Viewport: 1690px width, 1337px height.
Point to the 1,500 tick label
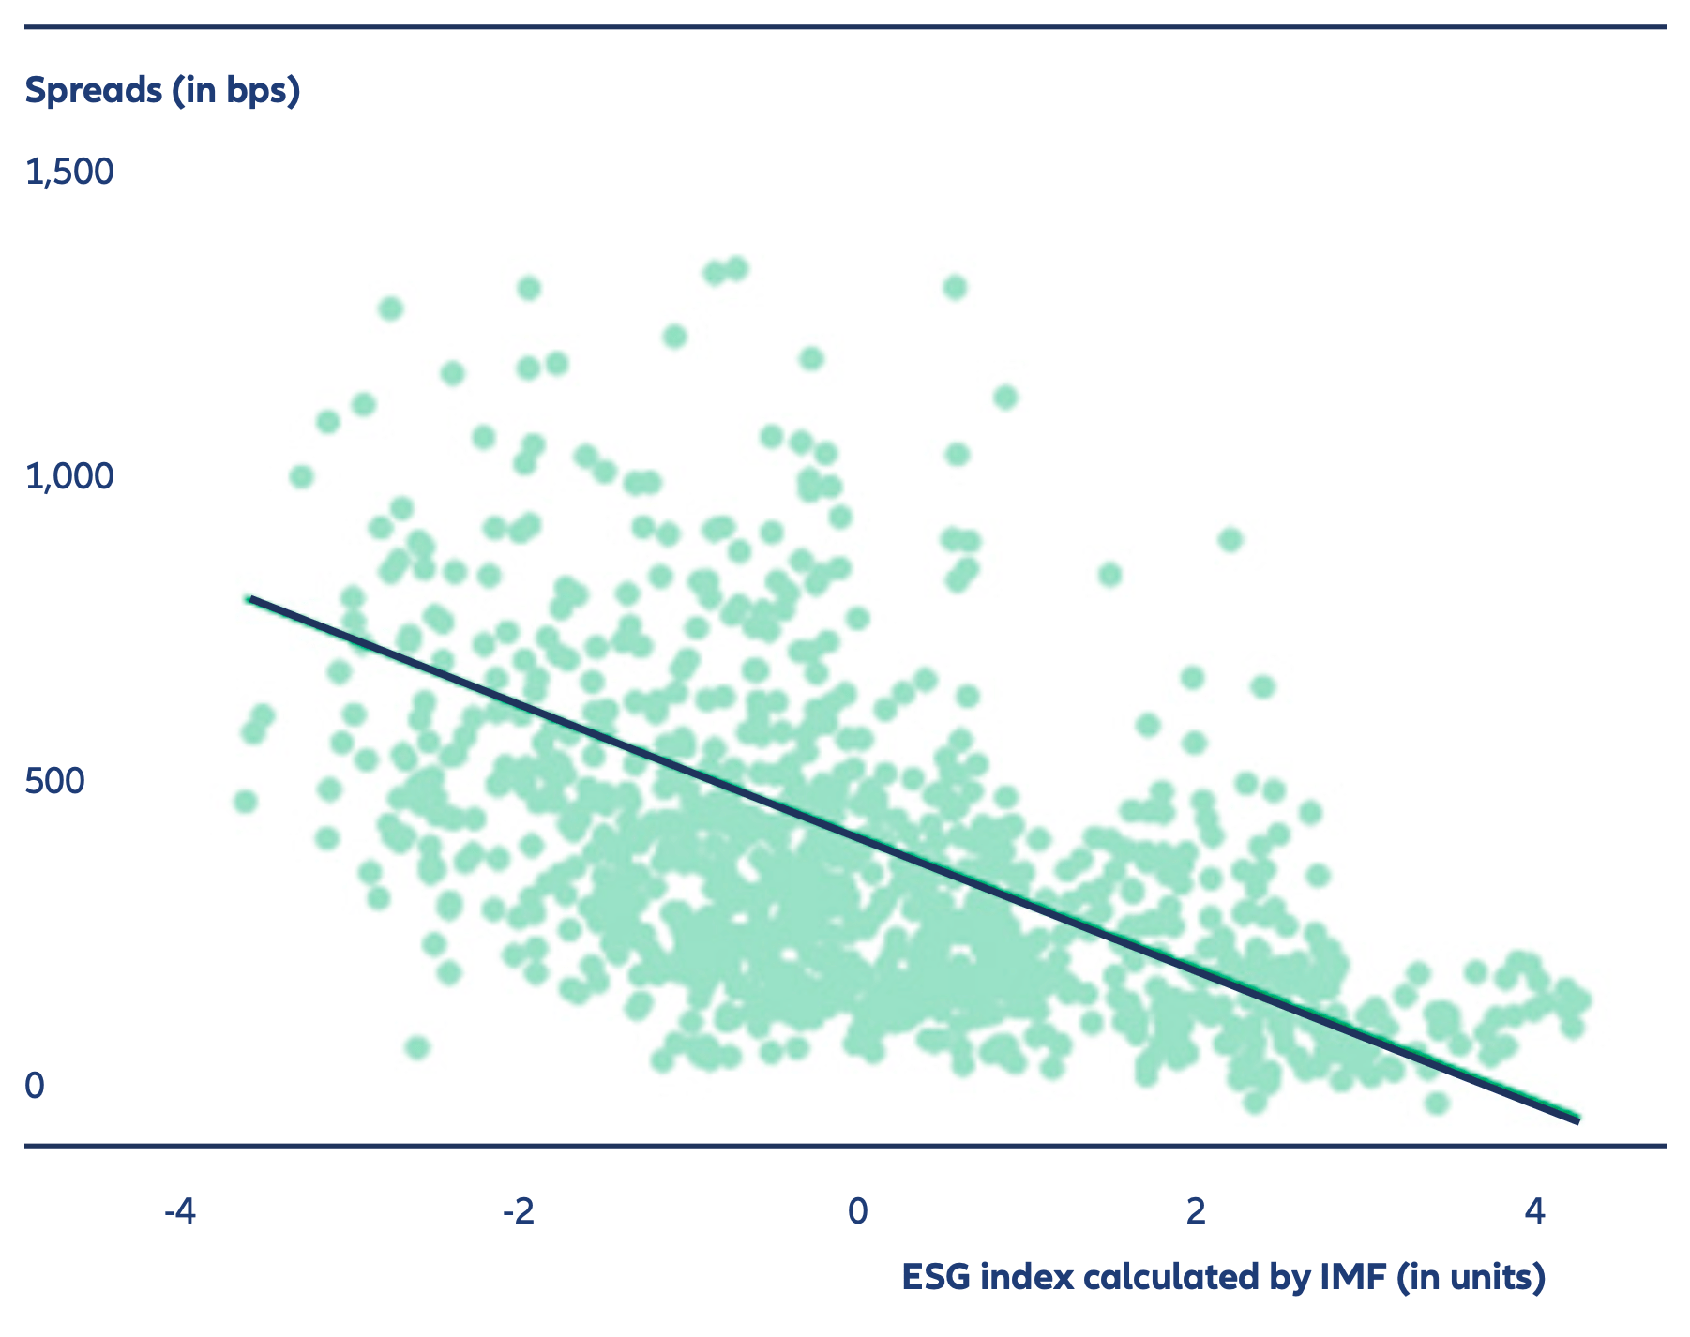[x=69, y=172]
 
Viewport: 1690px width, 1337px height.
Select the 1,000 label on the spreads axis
[x=69, y=476]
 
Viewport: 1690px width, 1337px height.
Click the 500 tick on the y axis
[x=54, y=781]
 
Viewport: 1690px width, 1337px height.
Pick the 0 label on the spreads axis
[x=35, y=1086]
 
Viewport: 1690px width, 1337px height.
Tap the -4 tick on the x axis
[x=179, y=1211]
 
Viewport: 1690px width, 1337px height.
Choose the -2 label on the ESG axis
[x=518, y=1211]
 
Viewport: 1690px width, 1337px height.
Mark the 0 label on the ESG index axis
[x=857, y=1211]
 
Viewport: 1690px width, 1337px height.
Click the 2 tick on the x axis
[x=1196, y=1211]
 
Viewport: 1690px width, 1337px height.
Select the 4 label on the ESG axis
[x=1534, y=1211]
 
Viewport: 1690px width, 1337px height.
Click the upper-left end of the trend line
[x=249, y=598]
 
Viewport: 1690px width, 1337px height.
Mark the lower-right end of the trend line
[x=1577, y=1120]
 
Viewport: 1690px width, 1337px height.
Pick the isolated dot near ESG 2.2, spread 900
[x=1230, y=540]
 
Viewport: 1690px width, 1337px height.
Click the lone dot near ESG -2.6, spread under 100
[x=417, y=1047]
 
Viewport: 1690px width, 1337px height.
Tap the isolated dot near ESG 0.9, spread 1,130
[x=1005, y=398]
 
